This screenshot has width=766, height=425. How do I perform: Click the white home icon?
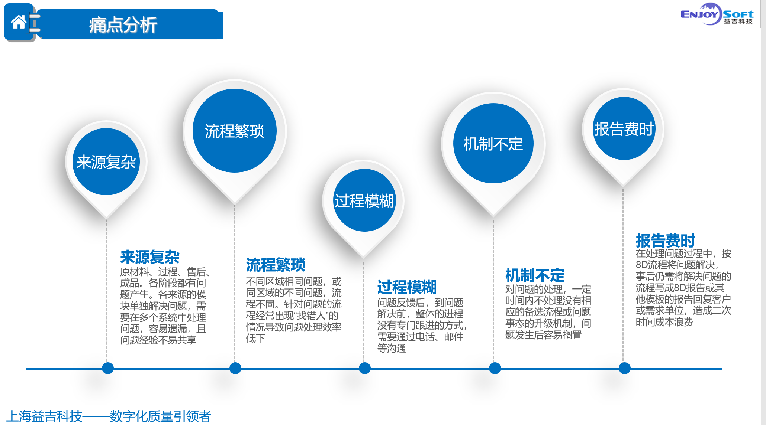click(x=19, y=22)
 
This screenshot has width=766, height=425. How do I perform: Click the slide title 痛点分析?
click(x=123, y=25)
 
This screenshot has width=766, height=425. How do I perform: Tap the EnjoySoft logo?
click(x=717, y=15)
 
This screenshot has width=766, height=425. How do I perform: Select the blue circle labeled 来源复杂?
click(x=106, y=162)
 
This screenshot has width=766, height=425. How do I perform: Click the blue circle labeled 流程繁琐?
click(x=235, y=131)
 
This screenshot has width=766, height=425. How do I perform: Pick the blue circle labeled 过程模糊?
click(x=364, y=200)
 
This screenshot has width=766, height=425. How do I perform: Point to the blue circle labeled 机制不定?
click(x=493, y=143)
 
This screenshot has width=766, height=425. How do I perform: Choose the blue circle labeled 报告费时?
click(x=624, y=128)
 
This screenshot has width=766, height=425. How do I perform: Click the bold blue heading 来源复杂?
click(x=150, y=257)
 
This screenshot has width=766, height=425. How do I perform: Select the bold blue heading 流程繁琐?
click(x=276, y=265)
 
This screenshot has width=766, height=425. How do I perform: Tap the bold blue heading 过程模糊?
click(x=407, y=287)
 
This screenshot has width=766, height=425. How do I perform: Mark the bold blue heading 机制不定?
click(x=535, y=275)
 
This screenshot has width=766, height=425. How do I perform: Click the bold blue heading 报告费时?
click(x=665, y=241)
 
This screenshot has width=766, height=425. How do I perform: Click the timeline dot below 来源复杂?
click(x=108, y=368)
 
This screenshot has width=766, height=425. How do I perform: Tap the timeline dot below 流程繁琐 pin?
click(x=235, y=368)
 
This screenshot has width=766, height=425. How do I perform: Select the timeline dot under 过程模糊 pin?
click(x=365, y=368)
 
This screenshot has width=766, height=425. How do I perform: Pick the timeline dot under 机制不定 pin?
click(x=495, y=368)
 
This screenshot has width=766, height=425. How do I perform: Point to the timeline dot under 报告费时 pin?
click(x=625, y=368)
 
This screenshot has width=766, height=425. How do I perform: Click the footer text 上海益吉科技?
click(x=44, y=416)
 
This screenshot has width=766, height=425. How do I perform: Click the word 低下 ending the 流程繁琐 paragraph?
click(x=255, y=338)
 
